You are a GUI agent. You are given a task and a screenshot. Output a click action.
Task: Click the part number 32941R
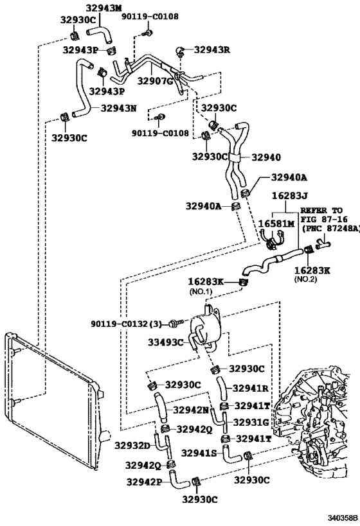click(250, 388)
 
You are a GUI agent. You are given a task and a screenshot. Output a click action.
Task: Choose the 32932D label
click(132, 444)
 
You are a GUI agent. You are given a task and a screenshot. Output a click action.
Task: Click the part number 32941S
click(199, 453)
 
